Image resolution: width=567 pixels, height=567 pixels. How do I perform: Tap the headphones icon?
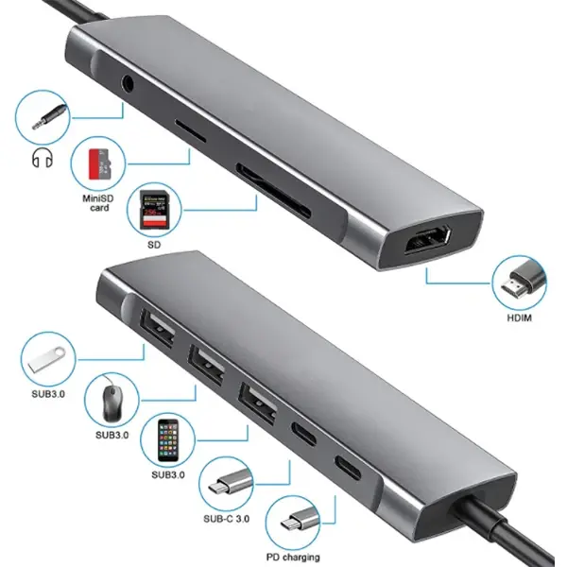tap(40, 159)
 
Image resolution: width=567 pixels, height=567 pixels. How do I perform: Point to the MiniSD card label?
tap(99, 201)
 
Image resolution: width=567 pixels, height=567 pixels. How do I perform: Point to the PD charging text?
tap(293, 557)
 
